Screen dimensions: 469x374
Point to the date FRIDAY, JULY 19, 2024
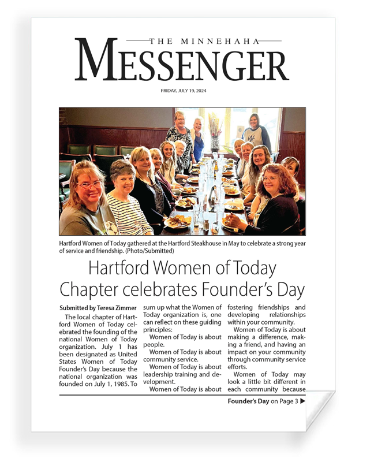(182, 91)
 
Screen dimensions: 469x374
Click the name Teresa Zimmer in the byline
(115, 308)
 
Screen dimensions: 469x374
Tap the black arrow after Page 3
(302, 401)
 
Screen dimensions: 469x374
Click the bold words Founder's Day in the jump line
(248, 401)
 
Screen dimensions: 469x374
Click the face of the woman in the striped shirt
(124, 175)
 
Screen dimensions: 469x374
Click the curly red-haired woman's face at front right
(270, 178)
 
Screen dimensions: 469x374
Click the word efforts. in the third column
(242, 367)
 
